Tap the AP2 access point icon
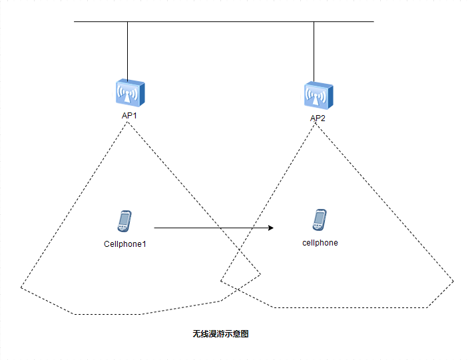coord(318,96)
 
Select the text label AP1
coord(129,115)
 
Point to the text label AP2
coord(318,118)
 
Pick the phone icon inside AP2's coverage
coord(320,220)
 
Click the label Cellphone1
coord(125,244)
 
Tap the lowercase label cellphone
coord(320,243)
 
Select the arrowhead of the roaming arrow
coord(271,228)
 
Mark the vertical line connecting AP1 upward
coord(127,50)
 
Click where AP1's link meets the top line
coord(127,22)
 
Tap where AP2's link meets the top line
coord(314,22)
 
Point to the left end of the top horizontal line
coord(75,22)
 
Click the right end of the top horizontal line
coord(373,22)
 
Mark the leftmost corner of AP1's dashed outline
coord(21,287)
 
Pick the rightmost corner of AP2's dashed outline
coord(454,281)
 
